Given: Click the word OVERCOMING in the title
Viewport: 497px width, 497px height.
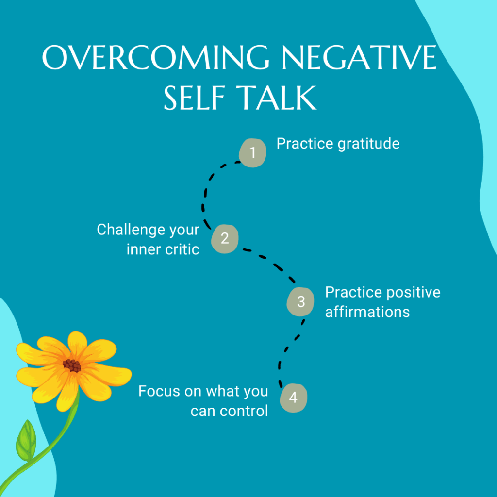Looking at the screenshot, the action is coord(156,57).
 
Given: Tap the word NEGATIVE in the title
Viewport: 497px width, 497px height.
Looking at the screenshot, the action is coord(360,57).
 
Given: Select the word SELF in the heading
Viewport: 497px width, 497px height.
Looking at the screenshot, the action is coord(194,98).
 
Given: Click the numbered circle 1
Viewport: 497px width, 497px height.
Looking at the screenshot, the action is coord(252,153).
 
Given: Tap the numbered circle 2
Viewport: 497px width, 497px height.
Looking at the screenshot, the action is coord(225,239).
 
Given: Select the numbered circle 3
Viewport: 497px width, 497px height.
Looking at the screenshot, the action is coord(300,302).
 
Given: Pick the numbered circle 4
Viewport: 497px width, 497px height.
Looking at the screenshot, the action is coord(294,398).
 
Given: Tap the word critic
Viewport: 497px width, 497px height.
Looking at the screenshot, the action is coord(182,250).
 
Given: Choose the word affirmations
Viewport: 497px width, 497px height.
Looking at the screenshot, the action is coord(367,312).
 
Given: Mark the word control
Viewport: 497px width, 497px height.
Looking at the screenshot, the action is coord(244,411).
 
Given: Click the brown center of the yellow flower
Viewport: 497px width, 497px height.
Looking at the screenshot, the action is coord(72,365).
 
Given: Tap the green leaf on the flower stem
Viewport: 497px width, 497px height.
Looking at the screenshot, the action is coord(26,441).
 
